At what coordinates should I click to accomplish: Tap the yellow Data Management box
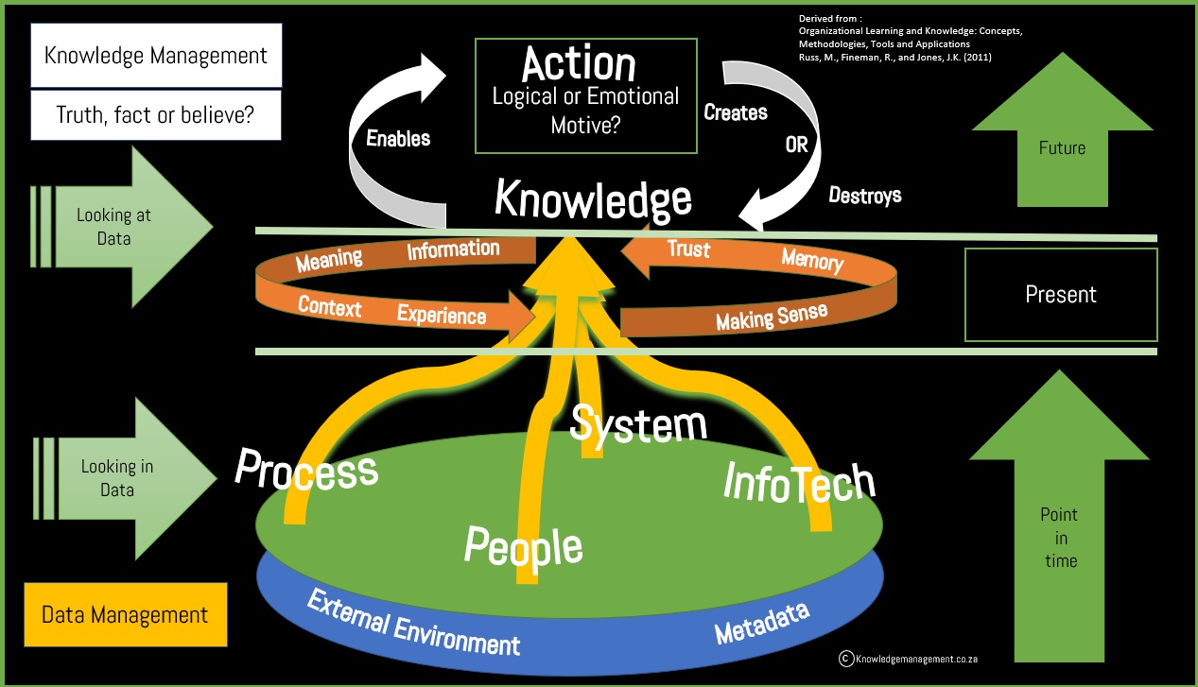tap(125, 615)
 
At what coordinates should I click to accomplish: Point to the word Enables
tap(398, 139)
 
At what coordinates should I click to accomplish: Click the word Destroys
tap(864, 196)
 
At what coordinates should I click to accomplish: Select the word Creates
tap(736, 112)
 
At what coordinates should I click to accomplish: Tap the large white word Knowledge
tap(593, 199)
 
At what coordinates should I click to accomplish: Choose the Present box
tap(1061, 295)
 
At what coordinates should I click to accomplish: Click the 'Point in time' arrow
tap(1059, 529)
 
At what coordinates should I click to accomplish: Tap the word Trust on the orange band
tap(688, 249)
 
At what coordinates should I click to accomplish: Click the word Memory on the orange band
tap(812, 260)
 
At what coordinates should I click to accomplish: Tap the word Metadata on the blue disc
tap(762, 624)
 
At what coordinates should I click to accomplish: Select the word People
tap(523, 546)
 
